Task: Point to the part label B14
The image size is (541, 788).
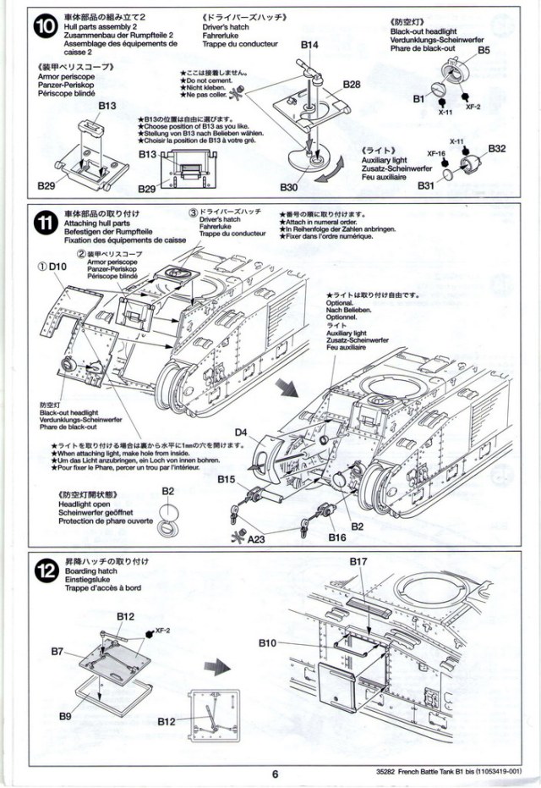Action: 309,43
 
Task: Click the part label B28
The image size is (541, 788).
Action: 352,85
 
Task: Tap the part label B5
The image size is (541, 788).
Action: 484,51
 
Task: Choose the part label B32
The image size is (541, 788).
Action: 498,149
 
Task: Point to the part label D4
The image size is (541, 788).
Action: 241,433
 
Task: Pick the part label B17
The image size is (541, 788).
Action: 358,561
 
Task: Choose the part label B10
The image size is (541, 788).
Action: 268,643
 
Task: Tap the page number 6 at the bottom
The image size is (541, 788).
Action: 276,772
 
